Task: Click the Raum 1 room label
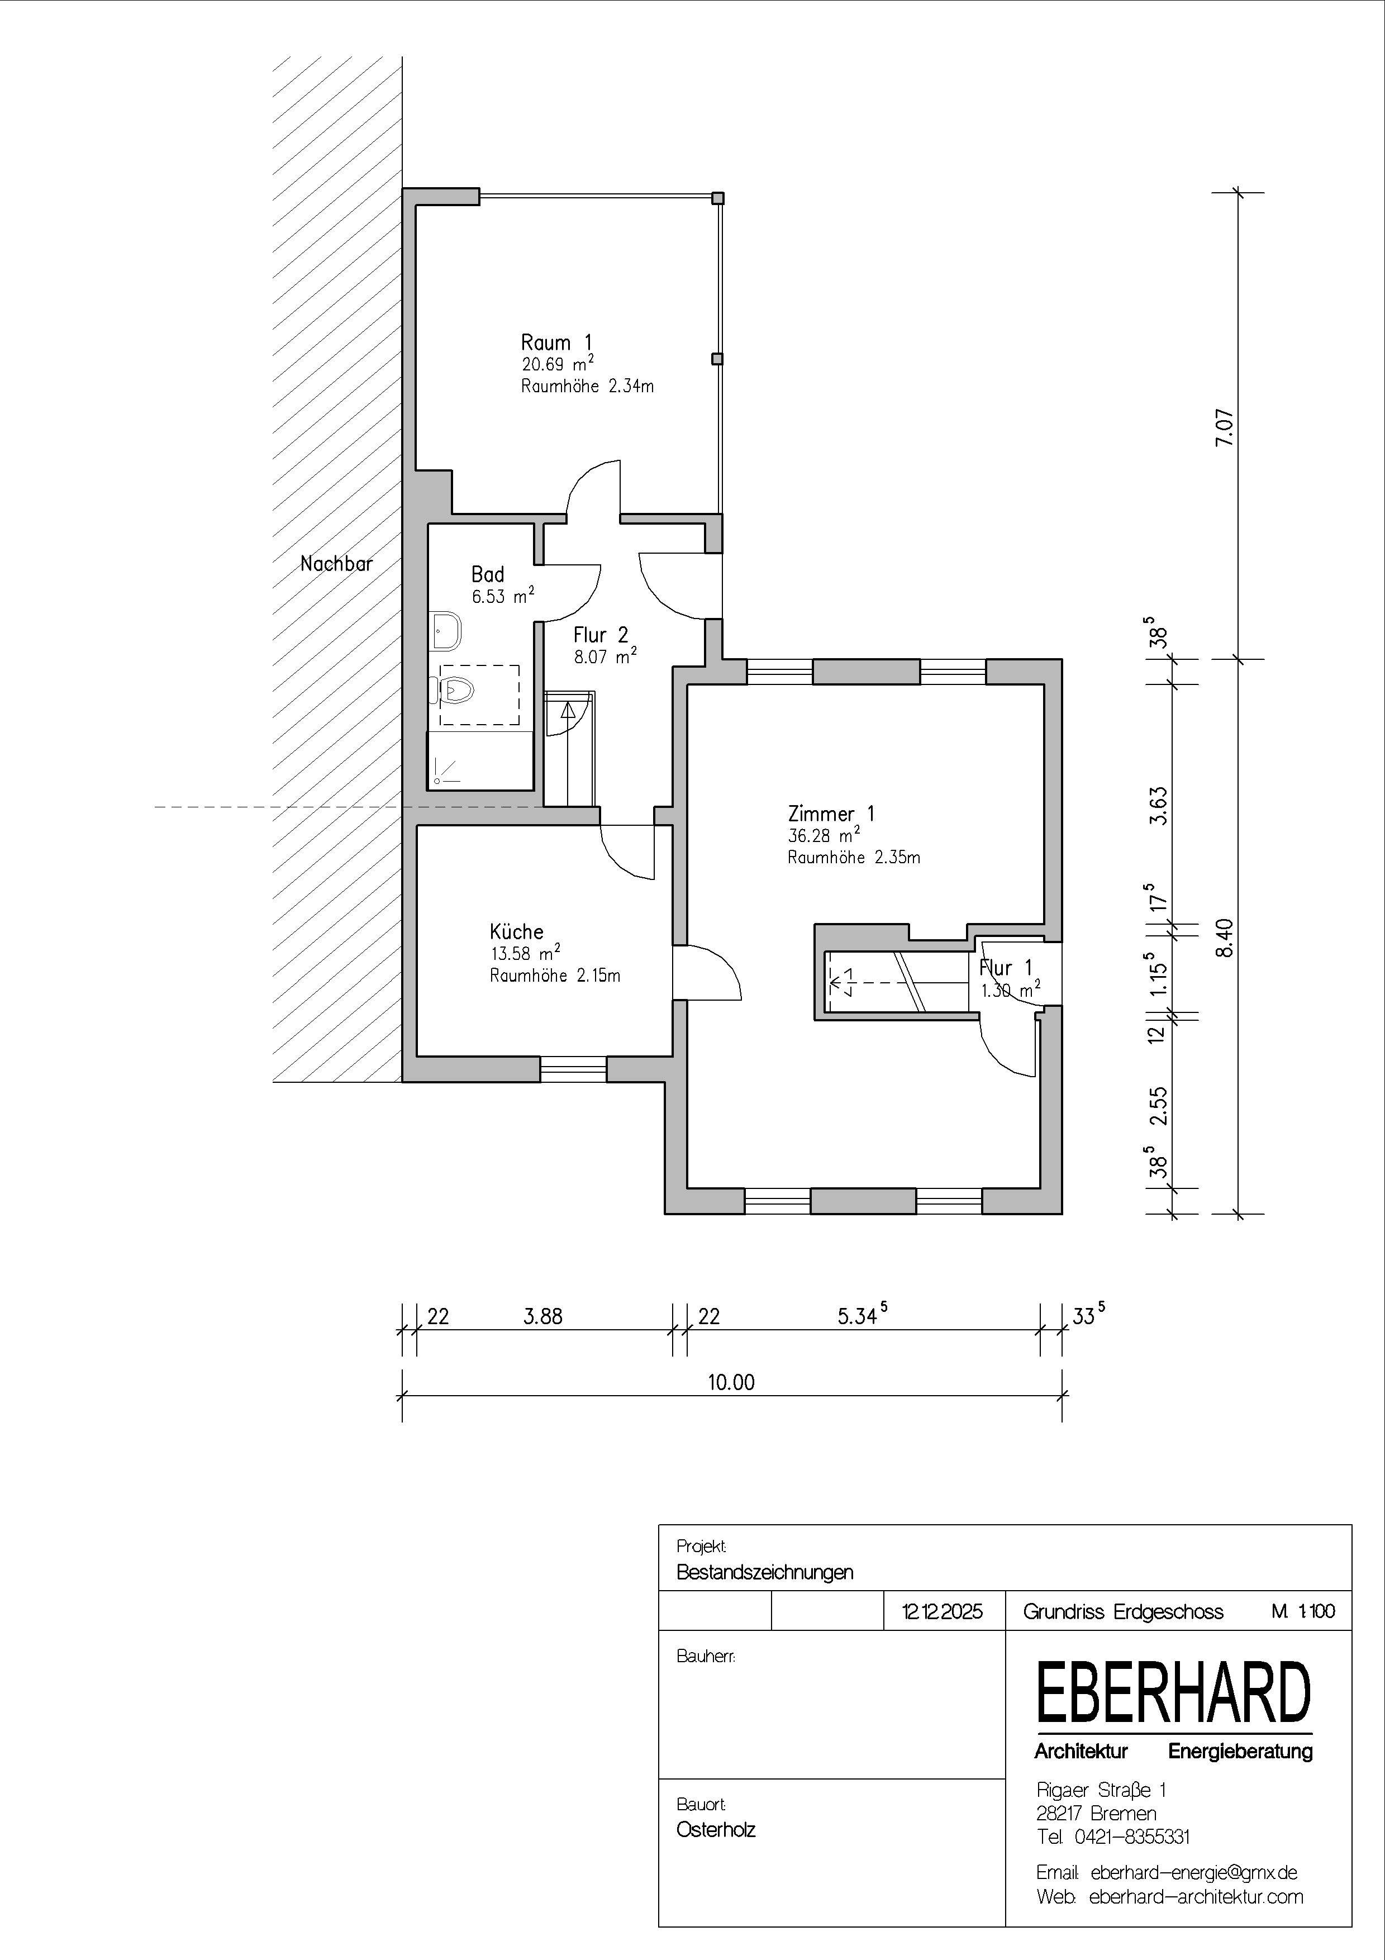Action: (556, 342)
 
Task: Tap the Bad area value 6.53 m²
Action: (503, 595)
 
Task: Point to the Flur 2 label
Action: (601, 634)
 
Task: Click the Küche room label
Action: (516, 931)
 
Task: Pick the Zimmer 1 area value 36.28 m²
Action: (824, 835)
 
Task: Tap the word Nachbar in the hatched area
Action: (336, 563)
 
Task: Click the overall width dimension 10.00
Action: (731, 1382)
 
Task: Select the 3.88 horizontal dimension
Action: (542, 1316)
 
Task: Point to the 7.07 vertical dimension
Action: (1225, 427)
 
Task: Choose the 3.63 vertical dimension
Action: (1158, 804)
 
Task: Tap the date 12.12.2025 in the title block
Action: (942, 1612)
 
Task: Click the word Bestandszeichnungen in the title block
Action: (765, 1572)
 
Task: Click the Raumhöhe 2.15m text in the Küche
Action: (555, 975)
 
